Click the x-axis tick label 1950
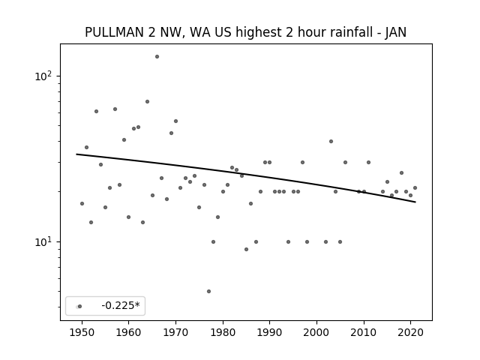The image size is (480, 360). pyautogui.click(x=82, y=332)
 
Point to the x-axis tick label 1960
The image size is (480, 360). pyautogui.click(x=128, y=332)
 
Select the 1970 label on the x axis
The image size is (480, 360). pyautogui.click(x=175, y=332)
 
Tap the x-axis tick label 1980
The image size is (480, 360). pyautogui.click(x=223, y=332)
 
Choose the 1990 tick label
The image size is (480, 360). pyautogui.click(x=270, y=332)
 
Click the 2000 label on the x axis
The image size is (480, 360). pyautogui.click(x=316, y=332)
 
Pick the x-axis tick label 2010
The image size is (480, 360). pyautogui.click(x=364, y=332)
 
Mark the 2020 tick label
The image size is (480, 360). pyautogui.click(x=411, y=332)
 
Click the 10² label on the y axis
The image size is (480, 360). pyautogui.click(x=44, y=75)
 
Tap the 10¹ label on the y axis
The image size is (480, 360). pyautogui.click(x=44, y=241)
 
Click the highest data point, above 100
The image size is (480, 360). pyautogui.click(x=157, y=57)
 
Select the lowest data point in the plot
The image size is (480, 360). pyautogui.click(x=208, y=292)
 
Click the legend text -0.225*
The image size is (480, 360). pyautogui.click(x=121, y=305)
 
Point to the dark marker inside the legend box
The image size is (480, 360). pyautogui.click(x=80, y=307)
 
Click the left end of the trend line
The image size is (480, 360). pyautogui.click(x=76, y=154)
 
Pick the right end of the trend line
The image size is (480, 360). pyautogui.click(x=415, y=202)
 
